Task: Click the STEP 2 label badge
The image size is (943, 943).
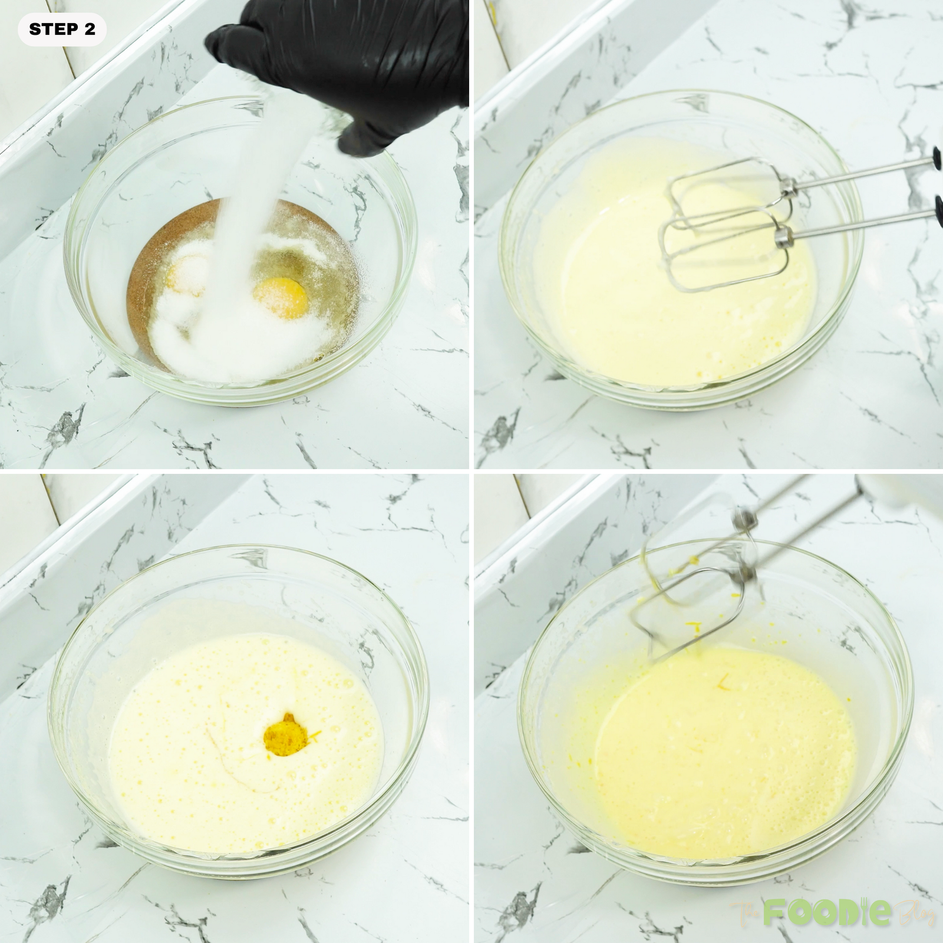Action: (62, 29)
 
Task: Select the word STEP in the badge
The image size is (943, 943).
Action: (48, 29)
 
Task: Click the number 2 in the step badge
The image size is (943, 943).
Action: (90, 29)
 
